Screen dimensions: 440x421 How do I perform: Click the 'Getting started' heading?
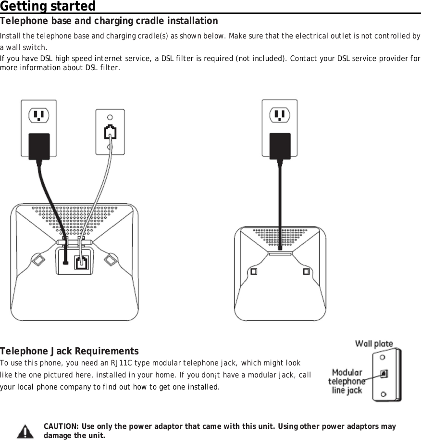(48, 7)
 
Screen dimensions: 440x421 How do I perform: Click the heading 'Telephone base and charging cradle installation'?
(109, 21)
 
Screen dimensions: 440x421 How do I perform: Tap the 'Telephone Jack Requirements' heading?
(70, 351)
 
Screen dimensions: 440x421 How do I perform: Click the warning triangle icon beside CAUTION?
(25, 431)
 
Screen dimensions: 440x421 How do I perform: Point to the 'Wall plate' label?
(374, 344)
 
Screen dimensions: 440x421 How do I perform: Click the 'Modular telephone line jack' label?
(347, 381)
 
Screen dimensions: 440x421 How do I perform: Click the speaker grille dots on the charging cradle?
(280, 236)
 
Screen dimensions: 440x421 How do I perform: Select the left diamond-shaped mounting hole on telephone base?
(38, 259)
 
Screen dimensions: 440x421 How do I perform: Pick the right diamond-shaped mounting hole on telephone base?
(111, 259)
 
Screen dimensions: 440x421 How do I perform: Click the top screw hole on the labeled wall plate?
(383, 357)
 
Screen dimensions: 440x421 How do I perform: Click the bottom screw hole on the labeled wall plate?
(383, 394)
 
